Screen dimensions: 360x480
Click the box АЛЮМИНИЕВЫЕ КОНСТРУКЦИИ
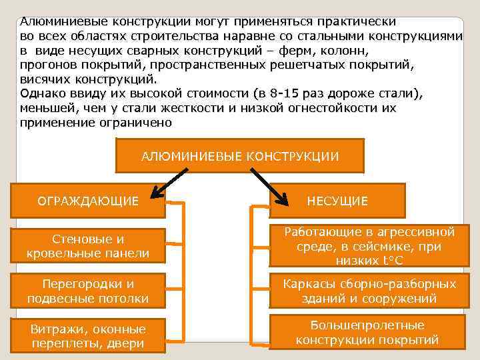(x=240, y=156)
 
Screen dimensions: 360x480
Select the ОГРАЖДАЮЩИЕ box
(x=88, y=200)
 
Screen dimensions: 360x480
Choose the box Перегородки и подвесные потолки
(x=88, y=292)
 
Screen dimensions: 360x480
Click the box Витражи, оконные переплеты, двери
(x=88, y=337)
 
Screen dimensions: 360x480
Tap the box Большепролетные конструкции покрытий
(x=367, y=333)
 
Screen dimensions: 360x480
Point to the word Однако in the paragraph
(x=41, y=93)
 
